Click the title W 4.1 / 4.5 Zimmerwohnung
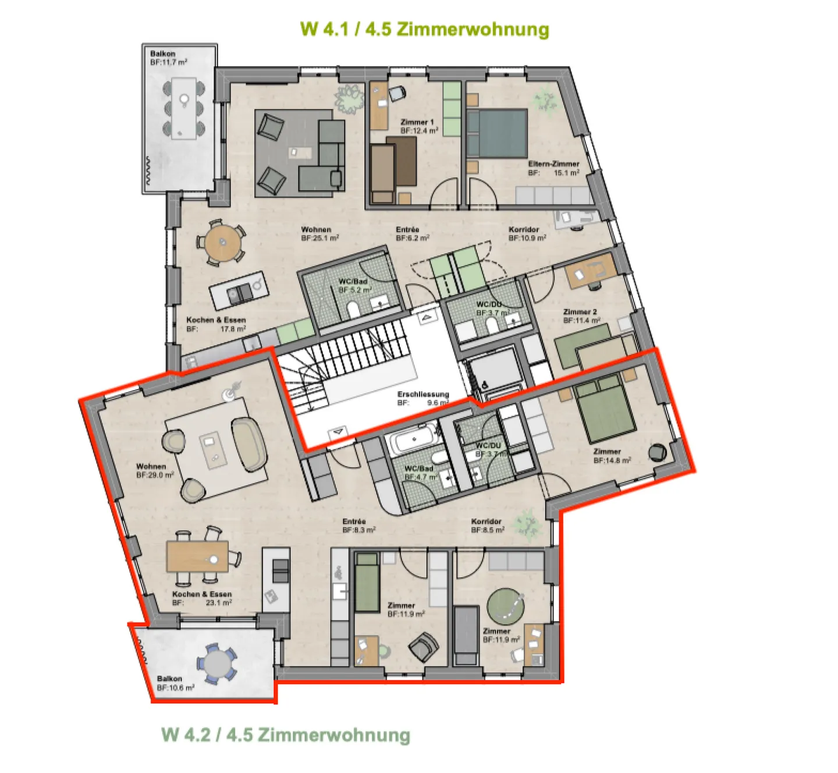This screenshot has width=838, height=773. coord(424,29)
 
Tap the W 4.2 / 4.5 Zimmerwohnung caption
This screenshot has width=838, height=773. coord(286,735)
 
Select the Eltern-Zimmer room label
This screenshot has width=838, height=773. coord(553,164)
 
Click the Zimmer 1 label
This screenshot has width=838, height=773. coord(417,122)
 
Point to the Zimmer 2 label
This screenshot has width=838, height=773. coord(580,312)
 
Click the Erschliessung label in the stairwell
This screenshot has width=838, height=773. coord(423,395)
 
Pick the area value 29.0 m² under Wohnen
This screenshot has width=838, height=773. coord(155,475)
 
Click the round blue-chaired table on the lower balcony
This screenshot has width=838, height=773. coord(216,664)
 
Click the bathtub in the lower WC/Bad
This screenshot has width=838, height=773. coord(414,441)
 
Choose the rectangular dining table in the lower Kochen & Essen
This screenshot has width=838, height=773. coord(197,556)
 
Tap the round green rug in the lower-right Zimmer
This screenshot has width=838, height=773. coord(505,607)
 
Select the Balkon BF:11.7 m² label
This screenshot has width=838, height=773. coord(169,58)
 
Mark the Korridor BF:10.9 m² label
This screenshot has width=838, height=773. coord(527,234)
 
